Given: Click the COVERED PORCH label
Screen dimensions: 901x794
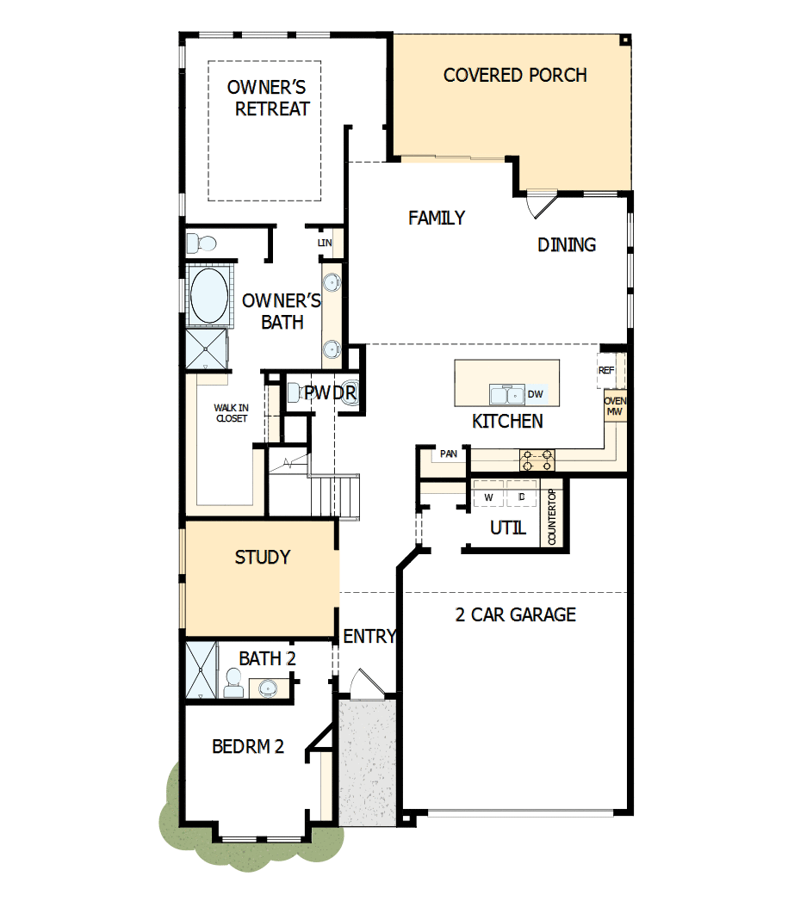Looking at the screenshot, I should [515, 76].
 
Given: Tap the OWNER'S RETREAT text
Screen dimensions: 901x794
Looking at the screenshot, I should [272, 98].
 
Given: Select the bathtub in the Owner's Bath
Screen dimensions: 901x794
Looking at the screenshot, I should [208, 295].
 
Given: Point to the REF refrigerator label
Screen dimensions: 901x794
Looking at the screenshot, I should [605, 369].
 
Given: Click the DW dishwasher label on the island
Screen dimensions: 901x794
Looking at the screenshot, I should [535, 394].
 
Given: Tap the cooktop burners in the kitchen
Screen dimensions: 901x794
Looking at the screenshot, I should [537, 460].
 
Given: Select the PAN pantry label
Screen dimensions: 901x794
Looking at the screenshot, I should [448, 453].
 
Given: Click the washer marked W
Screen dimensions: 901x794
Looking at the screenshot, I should [488, 497].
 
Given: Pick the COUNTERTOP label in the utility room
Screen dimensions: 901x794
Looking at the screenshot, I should [552, 517].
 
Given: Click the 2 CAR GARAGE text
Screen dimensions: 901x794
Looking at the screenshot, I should [515, 614].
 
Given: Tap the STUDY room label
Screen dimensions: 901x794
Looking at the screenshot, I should [263, 558].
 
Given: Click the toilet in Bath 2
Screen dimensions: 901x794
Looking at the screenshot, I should [233, 686].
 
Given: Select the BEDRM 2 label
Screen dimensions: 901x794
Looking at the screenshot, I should [248, 746].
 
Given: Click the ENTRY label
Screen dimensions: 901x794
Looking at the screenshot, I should [369, 637].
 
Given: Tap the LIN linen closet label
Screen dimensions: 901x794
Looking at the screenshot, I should [325, 244].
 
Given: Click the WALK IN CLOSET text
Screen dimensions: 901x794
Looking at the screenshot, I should [231, 413].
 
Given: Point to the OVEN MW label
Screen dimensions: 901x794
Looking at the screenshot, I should [615, 407].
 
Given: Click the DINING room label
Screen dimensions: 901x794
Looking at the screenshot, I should [567, 244].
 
